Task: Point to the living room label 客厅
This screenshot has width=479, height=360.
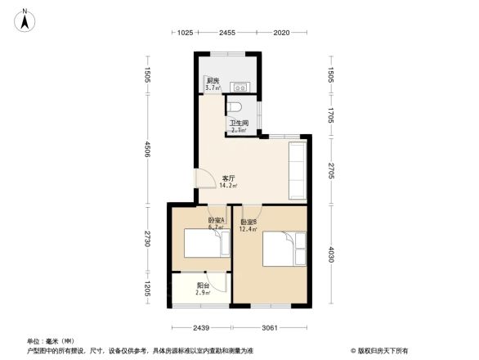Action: [x=228, y=178]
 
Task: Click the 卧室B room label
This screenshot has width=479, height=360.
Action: [x=248, y=221]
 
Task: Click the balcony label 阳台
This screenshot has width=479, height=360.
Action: [x=203, y=286]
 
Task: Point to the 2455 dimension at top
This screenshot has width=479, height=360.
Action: [x=226, y=33]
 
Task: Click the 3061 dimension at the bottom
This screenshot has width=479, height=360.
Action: [x=270, y=328]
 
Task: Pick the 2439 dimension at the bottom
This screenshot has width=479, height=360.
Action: [x=200, y=328]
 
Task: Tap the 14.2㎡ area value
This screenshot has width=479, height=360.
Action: [x=228, y=186]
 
